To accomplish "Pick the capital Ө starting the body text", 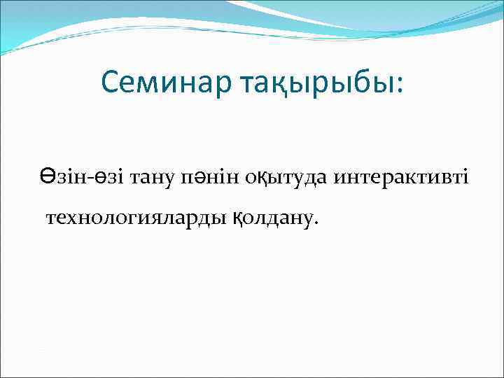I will click(x=46, y=178).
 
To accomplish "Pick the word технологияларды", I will click(x=136, y=218).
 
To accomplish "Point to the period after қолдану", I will click(x=316, y=224).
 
